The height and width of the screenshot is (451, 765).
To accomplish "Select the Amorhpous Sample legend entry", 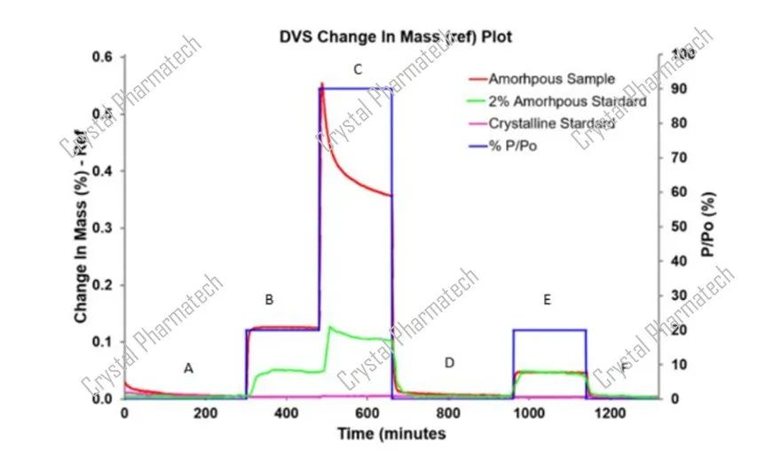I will (x=551, y=80).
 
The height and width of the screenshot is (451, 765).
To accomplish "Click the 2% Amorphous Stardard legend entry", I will (x=567, y=101).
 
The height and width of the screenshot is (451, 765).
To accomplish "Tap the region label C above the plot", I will (x=357, y=68).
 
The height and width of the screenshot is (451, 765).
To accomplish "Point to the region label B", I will (x=270, y=300).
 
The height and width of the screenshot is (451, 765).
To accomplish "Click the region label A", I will (x=187, y=368).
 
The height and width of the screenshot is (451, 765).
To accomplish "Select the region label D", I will (x=449, y=362).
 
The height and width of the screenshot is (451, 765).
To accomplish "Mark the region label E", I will (x=547, y=300).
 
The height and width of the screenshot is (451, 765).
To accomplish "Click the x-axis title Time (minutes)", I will (x=390, y=434).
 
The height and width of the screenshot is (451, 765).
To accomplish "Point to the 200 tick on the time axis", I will (x=206, y=414).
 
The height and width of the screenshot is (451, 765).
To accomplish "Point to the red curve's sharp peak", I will (x=322, y=84).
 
